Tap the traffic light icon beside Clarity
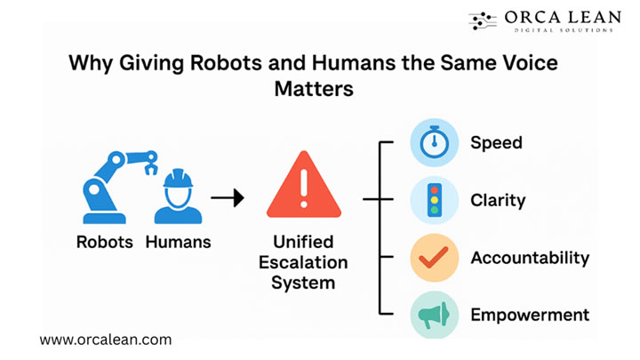tap(434, 200)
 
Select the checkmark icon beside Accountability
tap(434, 258)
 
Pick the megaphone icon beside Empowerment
tap(434, 314)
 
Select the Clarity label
tap(498, 200)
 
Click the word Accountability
tap(530, 258)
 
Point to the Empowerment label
tap(530, 314)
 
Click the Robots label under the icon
tap(105, 242)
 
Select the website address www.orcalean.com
tap(105, 339)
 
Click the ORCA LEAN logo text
tap(558, 18)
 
